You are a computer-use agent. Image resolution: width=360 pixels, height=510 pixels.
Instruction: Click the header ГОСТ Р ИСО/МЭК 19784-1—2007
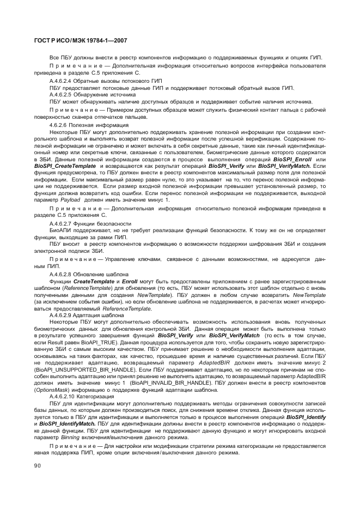81,40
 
